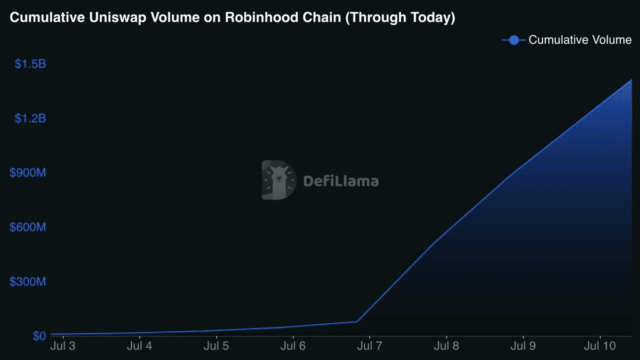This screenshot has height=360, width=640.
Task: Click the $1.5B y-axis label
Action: pyautogui.click(x=30, y=64)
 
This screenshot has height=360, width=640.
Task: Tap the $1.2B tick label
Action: pyautogui.click(x=30, y=118)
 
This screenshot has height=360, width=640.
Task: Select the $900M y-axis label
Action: pyautogui.click(x=28, y=173)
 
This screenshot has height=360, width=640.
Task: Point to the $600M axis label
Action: pyautogui.click(x=28, y=227)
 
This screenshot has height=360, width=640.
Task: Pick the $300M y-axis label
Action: pyautogui.click(x=28, y=282)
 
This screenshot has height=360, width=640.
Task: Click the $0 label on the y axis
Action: pyautogui.click(x=39, y=336)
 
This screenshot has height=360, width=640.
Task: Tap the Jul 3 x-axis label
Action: pyautogui.click(x=63, y=346)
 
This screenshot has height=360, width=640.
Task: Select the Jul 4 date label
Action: pyautogui.click(x=139, y=346)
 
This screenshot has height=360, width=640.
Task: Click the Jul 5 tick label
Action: pyautogui.click(x=217, y=346)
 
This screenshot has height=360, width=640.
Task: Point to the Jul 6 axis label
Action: pyautogui.click(x=293, y=346)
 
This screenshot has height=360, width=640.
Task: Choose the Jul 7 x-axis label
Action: pyautogui.click(x=370, y=346)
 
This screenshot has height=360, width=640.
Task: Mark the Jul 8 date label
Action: pyautogui.click(x=446, y=346)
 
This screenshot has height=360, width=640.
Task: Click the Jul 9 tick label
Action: pyautogui.click(x=523, y=346)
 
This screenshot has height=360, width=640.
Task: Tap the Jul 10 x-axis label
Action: pyautogui.click(x=599, y=346)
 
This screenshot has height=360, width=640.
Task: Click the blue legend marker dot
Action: pyautogui.click(x=514, y=40)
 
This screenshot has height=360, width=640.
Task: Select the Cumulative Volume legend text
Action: pyautogui.click(x=580, y=40)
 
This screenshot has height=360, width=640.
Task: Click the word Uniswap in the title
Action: pyautogui.click(x=118, y=18)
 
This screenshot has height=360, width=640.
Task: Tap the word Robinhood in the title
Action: pyautogui.click(x=262, y=17)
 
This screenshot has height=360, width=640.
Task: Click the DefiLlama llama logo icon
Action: pyautogui.click(x=279, y=180)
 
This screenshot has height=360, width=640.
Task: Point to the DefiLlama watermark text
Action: pyautogui.click(x=341, y=181)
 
